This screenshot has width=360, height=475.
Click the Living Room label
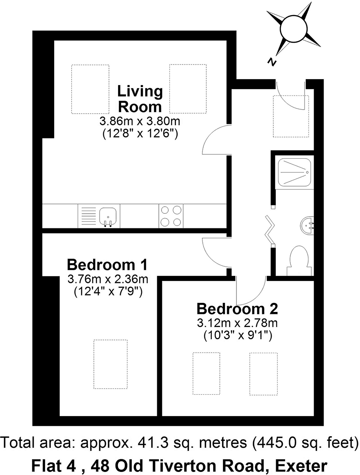tap(140, 99)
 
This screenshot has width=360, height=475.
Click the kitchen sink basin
tap(108, 216)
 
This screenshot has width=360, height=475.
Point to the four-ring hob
tap(171, 216)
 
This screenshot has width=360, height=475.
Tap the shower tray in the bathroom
tap(294, 172)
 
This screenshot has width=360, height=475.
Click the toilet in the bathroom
tap(299, 261)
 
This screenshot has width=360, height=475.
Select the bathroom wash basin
tap(307, 225)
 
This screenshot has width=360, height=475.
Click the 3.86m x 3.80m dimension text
tap(140, 121)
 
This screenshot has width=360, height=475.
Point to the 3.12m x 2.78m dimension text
tap(237, 323)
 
